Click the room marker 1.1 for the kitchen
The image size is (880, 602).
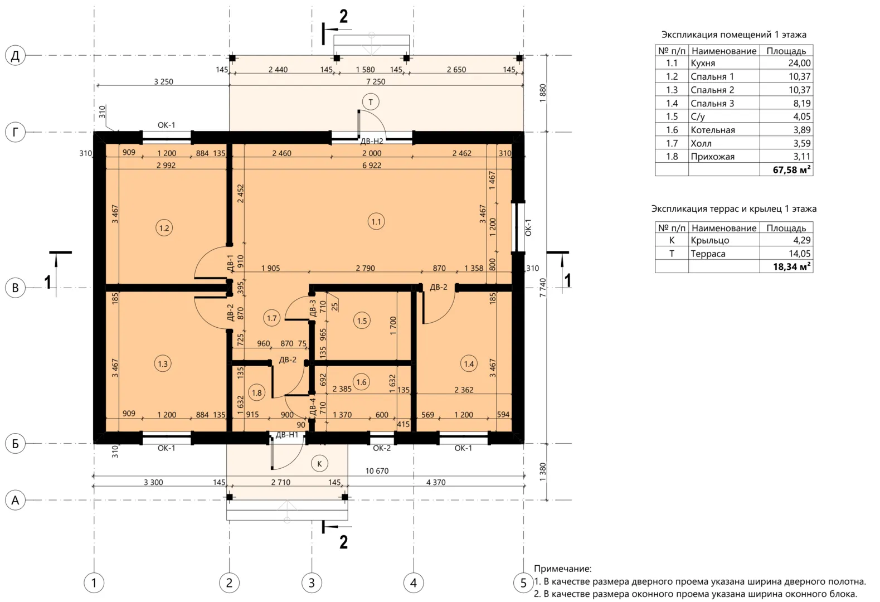pos(376,222)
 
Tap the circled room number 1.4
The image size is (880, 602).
pos(469,364)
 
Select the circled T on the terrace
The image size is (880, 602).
pos(371,102)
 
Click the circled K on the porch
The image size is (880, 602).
pos(319,464)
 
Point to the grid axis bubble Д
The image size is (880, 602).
pos(15,55)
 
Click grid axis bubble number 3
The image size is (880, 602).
pos(312,582)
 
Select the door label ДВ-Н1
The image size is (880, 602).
pos(287,435)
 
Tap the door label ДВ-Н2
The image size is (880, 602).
pos(372,141)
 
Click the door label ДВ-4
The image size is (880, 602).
pos(313,407)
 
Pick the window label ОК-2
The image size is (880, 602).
pos(381,448)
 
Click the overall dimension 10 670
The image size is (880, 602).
pos(377,471)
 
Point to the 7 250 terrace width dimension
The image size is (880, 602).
pos(376,82)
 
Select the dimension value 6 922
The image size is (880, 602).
pos(372,166)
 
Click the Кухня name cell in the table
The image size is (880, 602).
pos(703,63)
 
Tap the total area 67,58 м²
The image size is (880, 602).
pos(791,170)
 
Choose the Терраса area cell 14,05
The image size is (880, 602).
pos(799,254)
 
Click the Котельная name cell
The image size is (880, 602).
pos(713,130)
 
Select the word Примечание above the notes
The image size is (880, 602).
pos(562,568)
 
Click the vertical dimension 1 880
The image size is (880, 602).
pos(542,93)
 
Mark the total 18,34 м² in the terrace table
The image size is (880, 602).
pos(791,266)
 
